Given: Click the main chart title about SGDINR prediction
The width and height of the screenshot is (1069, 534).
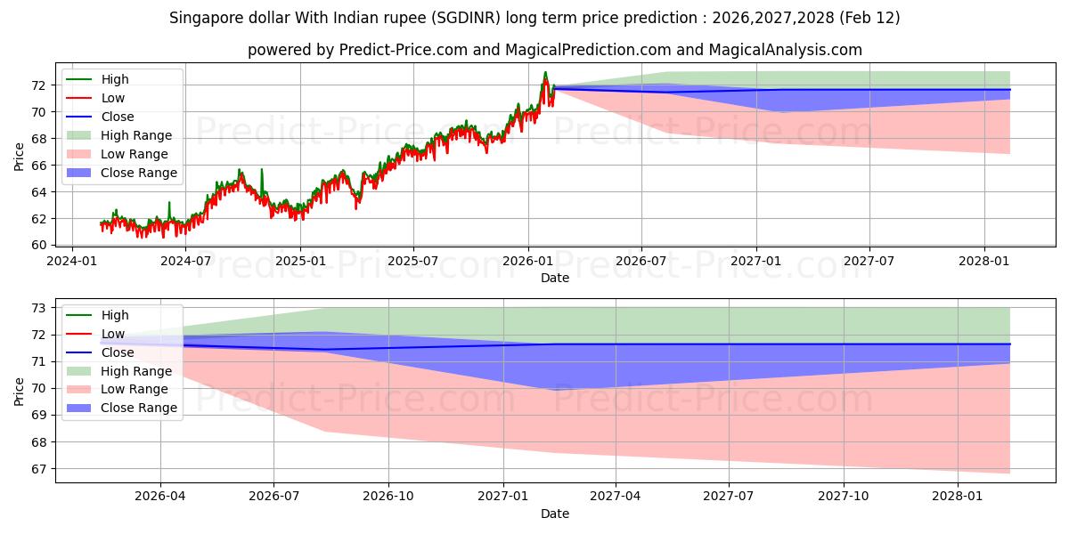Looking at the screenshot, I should tap(534, 18).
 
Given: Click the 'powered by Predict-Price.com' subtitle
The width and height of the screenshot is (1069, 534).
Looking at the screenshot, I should tap(554, 50).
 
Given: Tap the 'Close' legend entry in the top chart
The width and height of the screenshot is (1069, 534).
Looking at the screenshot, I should tap(118, 117).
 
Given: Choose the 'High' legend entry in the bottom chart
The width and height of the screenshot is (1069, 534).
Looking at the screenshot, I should tap(115, 315).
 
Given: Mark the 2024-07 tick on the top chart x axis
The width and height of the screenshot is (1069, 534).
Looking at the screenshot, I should tap(185, 261).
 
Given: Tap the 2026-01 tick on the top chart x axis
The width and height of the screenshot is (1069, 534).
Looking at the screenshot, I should tap(528, 261).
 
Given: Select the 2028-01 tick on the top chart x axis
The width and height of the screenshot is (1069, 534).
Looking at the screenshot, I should tap(984, 261).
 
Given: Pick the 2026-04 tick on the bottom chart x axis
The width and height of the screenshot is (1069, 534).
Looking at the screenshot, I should tap(160, 497).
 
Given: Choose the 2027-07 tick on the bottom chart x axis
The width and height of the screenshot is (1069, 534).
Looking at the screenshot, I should tap(730, 497).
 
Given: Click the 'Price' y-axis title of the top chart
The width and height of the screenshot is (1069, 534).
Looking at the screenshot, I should tap(20, 157).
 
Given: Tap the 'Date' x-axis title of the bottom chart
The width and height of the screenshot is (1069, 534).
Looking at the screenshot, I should tap(554, 514).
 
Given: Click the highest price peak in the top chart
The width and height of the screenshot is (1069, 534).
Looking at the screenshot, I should tap(545, 72).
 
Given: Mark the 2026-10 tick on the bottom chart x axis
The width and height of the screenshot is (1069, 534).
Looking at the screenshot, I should tap(388, 497).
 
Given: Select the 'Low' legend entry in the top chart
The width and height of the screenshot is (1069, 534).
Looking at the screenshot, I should tap(113, 98).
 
